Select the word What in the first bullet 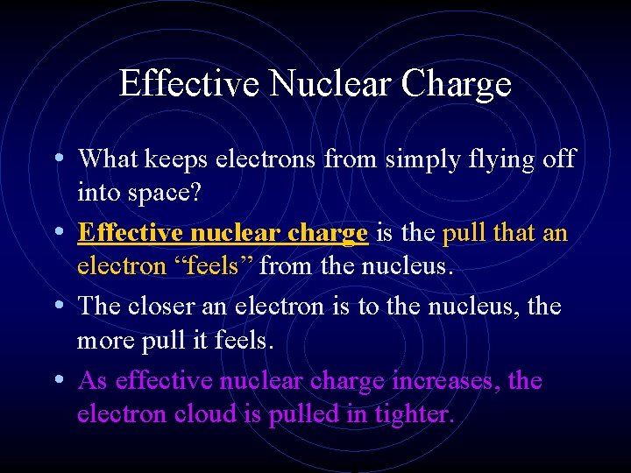[106, 159]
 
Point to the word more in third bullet [107, 340]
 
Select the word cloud [203, 413]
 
